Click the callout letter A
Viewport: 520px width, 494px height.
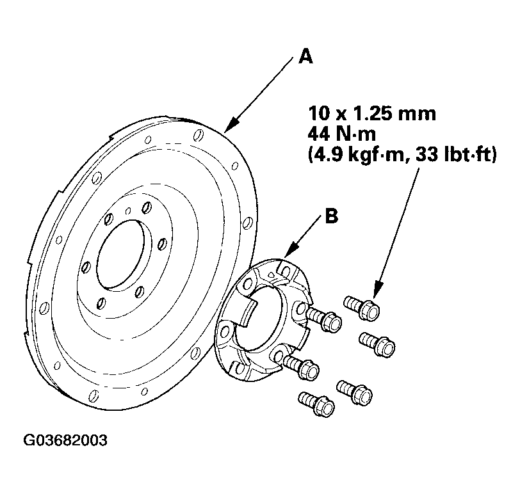[305, 56]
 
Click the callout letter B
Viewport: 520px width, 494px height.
[331, 216]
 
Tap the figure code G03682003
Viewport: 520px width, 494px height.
[65, 440]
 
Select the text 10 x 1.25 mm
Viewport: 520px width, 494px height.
[372, 114]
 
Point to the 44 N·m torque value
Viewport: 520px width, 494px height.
[341, 134]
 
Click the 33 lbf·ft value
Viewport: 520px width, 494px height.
[456, 154]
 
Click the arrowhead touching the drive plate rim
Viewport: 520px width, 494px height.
[231, 125]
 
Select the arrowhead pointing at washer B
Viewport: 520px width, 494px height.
[291, 250]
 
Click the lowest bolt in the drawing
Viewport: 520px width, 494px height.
[316, 404]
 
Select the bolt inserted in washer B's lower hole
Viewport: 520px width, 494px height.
[301, 367]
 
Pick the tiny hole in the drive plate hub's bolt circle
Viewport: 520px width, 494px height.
[128, 211]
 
